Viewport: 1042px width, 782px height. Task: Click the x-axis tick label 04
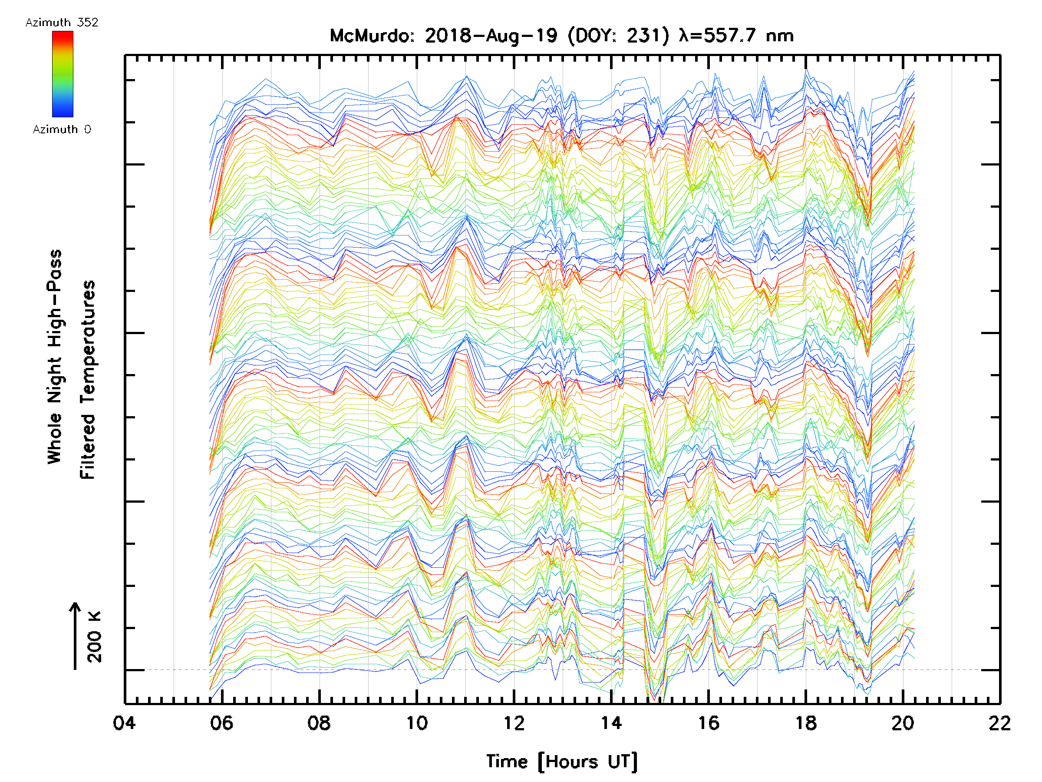coord(124,722)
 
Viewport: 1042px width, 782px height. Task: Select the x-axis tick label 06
coord(221,722)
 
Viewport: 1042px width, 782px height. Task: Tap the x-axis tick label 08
coord(319,722)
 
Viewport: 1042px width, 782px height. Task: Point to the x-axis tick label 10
coord(416,722)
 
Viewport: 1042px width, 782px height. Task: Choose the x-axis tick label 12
coord(514,722)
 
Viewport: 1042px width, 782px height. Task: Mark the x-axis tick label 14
coord(611,722)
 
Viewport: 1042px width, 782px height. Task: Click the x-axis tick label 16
coord(709,722)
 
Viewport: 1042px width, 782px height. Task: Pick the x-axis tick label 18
coord(806,722)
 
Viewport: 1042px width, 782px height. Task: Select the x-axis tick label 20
coord(903,722)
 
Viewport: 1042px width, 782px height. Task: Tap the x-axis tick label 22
coord(999,722)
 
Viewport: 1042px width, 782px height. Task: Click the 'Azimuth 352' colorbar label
coord(62,23)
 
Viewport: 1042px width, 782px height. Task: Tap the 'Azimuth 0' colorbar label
coord(62,129)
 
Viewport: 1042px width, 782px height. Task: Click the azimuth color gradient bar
coord(63,74)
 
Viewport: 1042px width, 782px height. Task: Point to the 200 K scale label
coord(95,637)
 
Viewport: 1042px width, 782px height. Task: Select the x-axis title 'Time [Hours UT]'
coord(562,761)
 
